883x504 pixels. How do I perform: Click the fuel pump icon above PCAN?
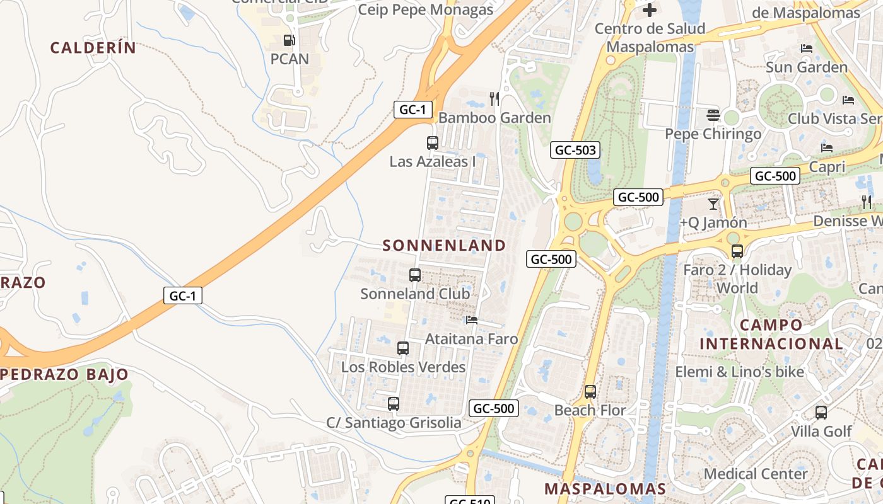point(289,40)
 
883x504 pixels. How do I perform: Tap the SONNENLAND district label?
point(444,246)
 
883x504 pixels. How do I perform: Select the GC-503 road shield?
point(575,150)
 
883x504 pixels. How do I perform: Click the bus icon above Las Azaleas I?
point(432,143)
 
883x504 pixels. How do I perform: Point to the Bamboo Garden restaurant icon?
point(494,99)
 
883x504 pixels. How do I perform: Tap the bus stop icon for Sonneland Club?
point(414,275)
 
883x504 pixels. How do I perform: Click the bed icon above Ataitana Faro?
point(471,320)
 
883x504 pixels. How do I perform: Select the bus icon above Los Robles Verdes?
point(402,348)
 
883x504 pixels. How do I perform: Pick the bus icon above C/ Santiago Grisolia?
point(393,404)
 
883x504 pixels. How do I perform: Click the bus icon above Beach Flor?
point(590,392)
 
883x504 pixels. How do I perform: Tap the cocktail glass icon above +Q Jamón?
point(713,203)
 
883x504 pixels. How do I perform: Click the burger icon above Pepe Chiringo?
point(713,115)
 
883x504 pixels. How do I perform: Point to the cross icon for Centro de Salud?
point(650,9)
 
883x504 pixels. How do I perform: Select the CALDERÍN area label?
point(93,48)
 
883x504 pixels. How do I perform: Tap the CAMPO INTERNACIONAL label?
point(771,335)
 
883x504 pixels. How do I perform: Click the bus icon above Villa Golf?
point(821,413)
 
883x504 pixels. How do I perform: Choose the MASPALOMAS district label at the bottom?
point(605,489)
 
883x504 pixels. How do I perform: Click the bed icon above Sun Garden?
point(806,49)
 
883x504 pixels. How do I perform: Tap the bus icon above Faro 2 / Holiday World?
point(737,251)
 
